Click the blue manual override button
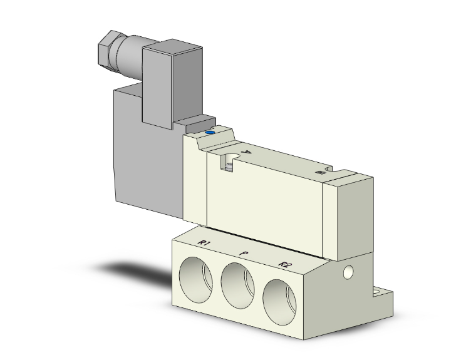pyautogui.click(x=210, y=133)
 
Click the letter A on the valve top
pyautogui.click(x=247, y=150)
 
